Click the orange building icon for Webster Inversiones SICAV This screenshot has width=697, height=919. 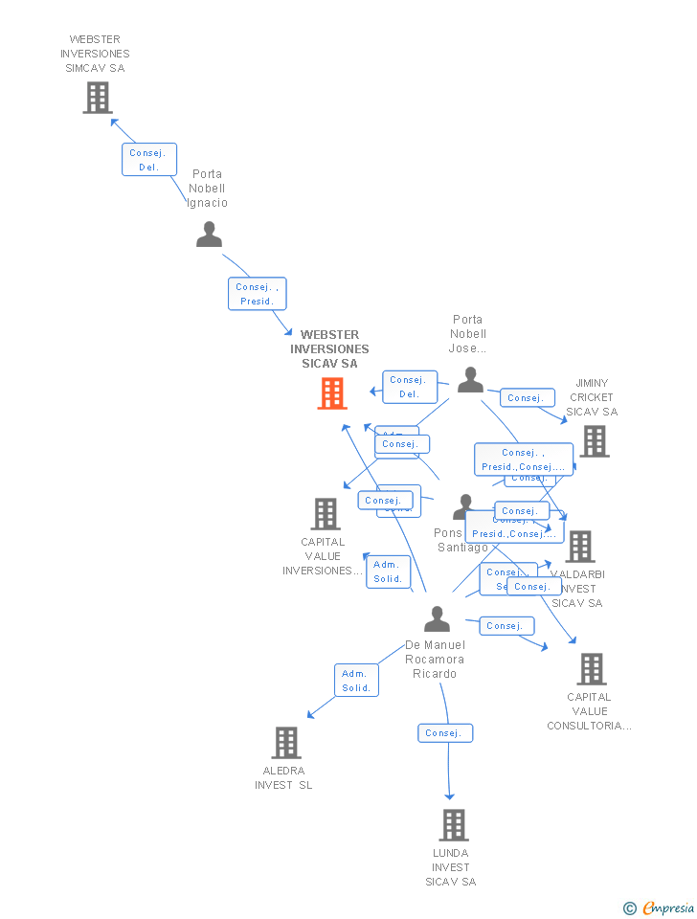tap(331, 393)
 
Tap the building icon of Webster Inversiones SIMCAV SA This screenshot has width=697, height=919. tap(97, 98)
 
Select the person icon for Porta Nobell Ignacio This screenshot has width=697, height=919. tap(209, 234)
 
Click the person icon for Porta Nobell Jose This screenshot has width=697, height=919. tap(470, 380)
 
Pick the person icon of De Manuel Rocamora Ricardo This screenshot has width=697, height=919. tap(437, 618)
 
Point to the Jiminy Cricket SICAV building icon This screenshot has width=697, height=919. tap(595, 441)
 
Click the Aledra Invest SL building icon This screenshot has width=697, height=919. tap(285, 743)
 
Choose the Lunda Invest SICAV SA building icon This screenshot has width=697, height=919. tap(453, 824)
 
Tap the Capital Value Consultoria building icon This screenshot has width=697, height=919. tap(592, 669)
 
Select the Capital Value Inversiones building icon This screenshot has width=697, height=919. tap(326, 514)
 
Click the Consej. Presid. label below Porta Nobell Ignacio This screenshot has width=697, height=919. tap(257, 294)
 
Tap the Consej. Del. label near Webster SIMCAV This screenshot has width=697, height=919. tap(148, 160)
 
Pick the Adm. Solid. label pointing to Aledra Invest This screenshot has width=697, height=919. tap(356, 681)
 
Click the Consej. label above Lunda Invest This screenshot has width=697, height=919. tap(444, 733)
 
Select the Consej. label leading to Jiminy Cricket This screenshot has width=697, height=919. tap(526, 397)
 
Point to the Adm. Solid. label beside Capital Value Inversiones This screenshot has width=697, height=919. tap(388, 572)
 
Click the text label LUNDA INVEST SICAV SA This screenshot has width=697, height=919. tap(451, 866)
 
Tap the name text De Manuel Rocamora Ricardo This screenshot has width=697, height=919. tap(435, 660)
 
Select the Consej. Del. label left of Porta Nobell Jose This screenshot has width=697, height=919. tap(409, 387)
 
